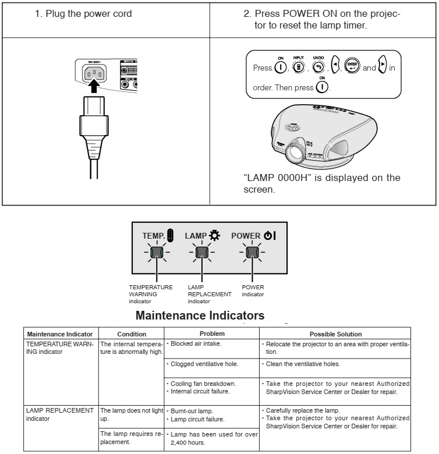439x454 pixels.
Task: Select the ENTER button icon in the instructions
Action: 353,67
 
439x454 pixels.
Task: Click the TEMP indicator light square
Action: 156,252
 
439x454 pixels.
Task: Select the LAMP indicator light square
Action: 202,252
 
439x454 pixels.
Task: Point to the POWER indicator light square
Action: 252,252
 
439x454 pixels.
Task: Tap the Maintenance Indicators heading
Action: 200,316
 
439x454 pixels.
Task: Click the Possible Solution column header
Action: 335,334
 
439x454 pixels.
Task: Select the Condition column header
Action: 132,334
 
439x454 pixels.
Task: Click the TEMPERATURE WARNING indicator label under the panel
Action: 151,294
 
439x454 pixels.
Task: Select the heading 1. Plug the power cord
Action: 84,14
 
